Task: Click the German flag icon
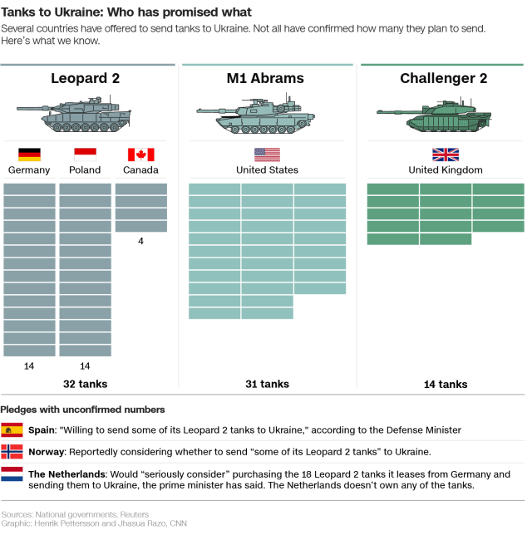(29, 155)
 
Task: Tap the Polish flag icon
(85, 155)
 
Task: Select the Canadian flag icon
(140, 155)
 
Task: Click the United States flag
(267, 155)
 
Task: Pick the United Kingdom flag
(445, 155)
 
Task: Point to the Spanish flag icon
(12, 429)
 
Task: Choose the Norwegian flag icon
(12, 452)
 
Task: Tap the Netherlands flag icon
(12, 474)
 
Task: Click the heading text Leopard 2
(85, 79)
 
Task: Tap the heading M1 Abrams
(265, 79)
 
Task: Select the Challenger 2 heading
(443, 79)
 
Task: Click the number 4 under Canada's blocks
(140, 241)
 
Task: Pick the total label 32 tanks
(85, 384)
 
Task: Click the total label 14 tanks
(445, 384)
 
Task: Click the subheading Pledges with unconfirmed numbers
(82, 410)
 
